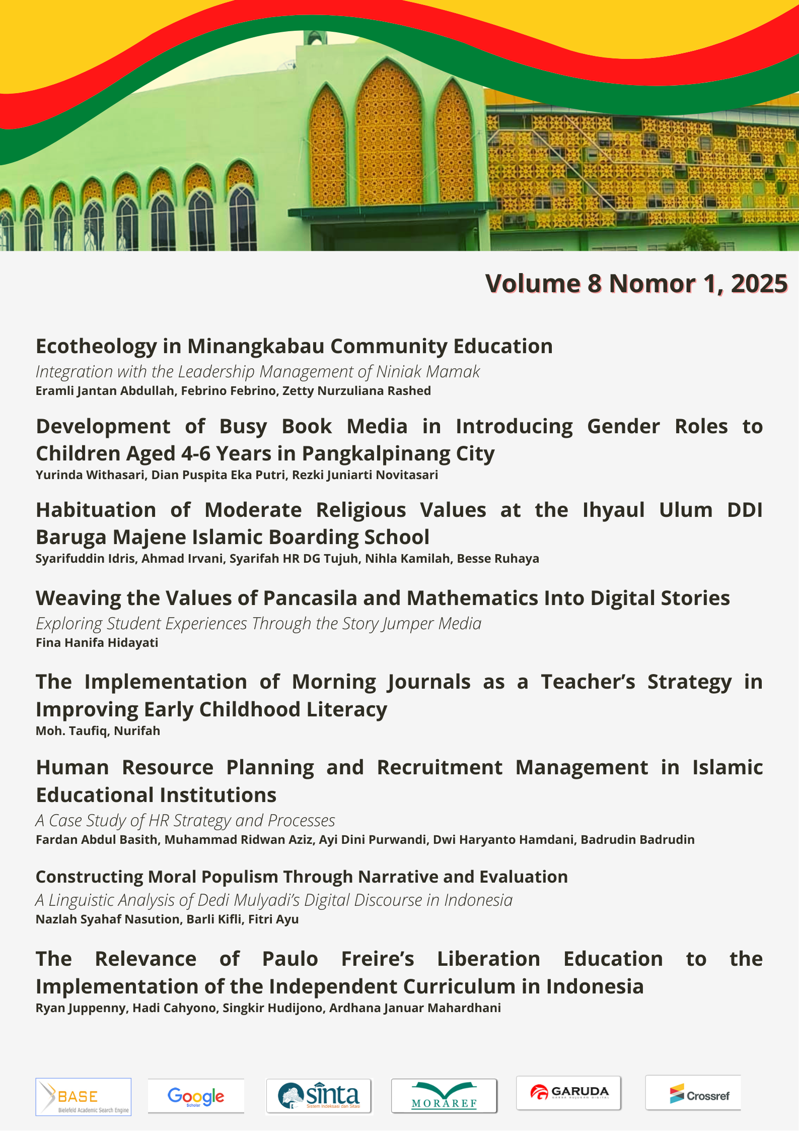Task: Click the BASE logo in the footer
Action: pyautogui.click(x=84, y=1097)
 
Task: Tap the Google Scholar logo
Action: pyautogui.click(x=196, y=1096)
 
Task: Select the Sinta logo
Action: pyautogui.click(x=319, y=1096)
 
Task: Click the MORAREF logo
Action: pyautogui.click(x=444, y=1096)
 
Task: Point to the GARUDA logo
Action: pyautogui.click(x=569, y=1093)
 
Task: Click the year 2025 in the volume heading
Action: pyautogui.click(x=759, y=284)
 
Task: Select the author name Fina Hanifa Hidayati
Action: pyautogui.click(x=97, y=643)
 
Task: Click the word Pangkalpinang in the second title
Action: pyautogui.click(x=376, y=454)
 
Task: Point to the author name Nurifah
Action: pyautogui.click(x=137, y=731)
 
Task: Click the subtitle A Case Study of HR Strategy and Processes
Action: pyautogui.click(x=185, y=821)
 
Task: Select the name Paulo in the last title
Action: pyautogui.click(x=290, y=959)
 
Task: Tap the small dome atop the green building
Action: pyautogui.click(x=316, y=37)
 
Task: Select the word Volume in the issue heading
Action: pyautogui.click(x=533, y=284)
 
